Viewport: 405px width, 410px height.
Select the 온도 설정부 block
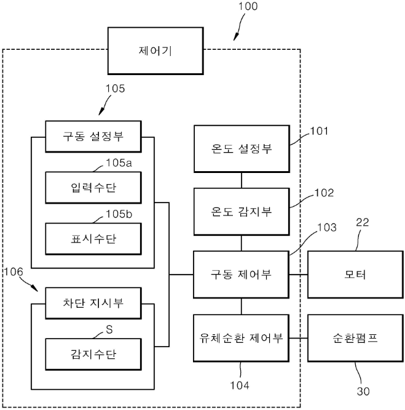click(x=241, y=149)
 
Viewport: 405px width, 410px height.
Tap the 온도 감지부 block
click(x=241, y=211)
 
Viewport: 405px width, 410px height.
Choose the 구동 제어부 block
click(x=241, y=274)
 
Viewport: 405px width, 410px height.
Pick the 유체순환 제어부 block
click(x=241, y=337)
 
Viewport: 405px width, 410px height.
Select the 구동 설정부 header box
click(x=92, y=135)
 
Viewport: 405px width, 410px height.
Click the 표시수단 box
click(x=92, y=236)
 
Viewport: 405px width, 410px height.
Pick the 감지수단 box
click(x=92, y=353)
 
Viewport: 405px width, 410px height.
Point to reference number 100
click(x=247, y=7)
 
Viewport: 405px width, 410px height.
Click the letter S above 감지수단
click(x=109, y=329)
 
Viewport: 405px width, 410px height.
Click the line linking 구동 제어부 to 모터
click(x=298, y=274)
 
